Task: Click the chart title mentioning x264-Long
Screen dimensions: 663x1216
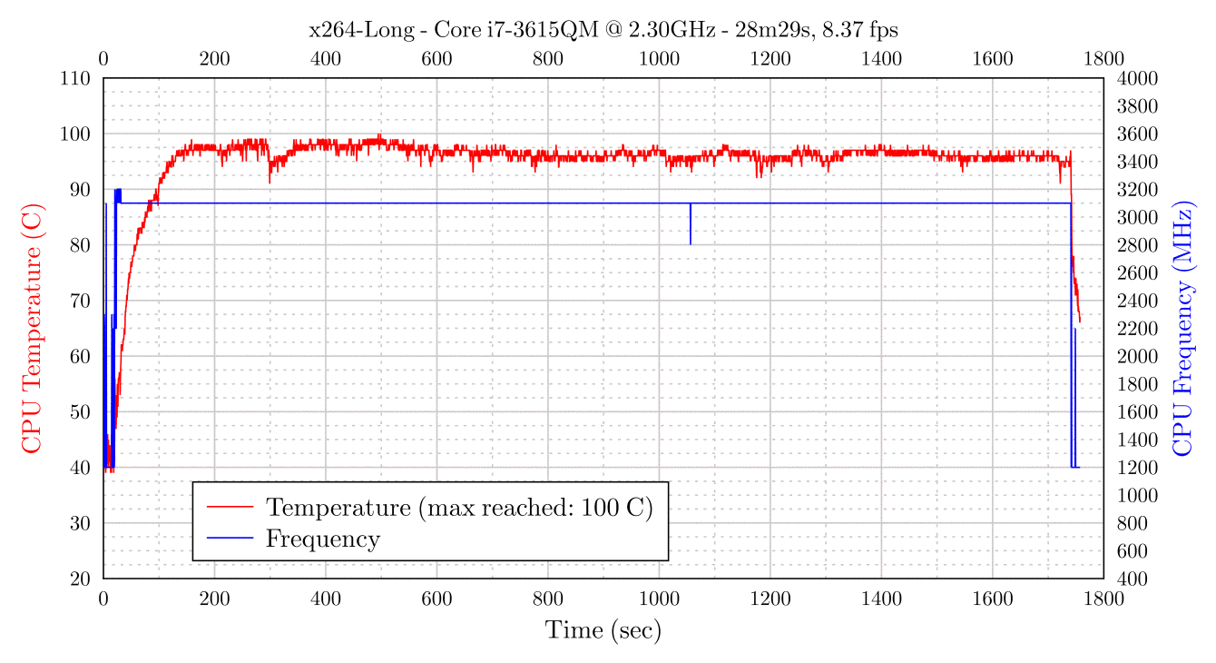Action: [x=603, y=30]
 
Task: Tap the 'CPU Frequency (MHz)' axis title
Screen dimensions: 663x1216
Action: [x=1184, y=328]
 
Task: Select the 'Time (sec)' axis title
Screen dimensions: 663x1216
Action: [x=603, y=629]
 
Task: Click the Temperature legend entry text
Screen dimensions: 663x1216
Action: [x=459, y=507]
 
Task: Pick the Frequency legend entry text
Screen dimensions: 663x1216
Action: [x=322, y=539]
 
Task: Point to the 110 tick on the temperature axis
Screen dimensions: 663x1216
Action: [x=75, y=78]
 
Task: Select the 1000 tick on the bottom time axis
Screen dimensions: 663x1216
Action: [x=659, y=598]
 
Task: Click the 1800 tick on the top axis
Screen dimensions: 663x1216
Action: [x=1103, y=60]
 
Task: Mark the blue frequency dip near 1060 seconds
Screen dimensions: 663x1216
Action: [x=691, y=224]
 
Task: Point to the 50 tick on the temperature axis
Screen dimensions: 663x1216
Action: [x=80, y=411]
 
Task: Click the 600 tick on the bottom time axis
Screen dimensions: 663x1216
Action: [x=436, y=598]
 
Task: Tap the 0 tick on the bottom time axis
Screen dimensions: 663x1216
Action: [x=103, y=598]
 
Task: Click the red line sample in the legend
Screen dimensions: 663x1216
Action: [x=230, y=507]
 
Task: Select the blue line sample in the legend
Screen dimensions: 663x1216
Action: [x=230, y=539]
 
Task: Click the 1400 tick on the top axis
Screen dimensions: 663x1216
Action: [x=881, y=60]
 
